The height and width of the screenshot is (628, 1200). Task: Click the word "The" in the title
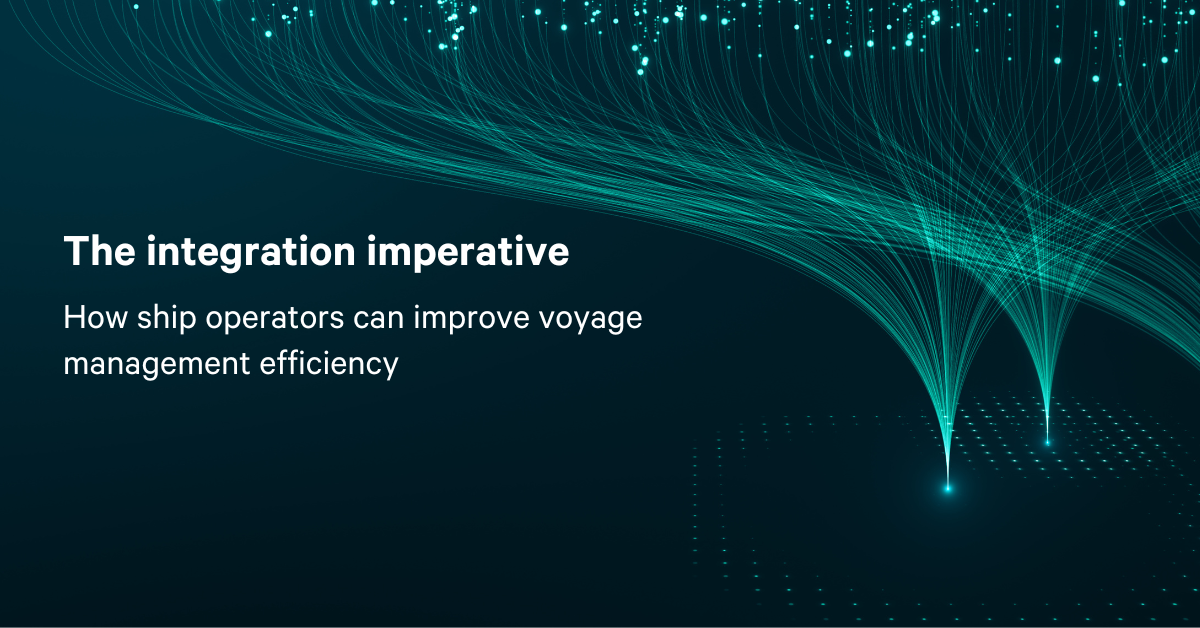pyautogui.click(x=100, y=250)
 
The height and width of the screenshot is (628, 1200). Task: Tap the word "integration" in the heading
pyautogui.click(x=251, y=253)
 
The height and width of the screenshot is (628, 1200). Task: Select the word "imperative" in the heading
pyautogui.click(x=468, y=253)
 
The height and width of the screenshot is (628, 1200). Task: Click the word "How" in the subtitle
pyautogui.click(x=95, y=317)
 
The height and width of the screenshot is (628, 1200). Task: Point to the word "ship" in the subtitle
pyautogui.click(x=167, y=319)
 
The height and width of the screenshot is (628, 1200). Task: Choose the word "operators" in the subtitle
pyautogui.click(x=275, y=320)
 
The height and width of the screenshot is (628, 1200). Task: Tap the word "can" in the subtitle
pyautogui.click(x=378, y=320)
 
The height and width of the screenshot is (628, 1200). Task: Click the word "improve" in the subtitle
pyautogui.click(x=471, y=319)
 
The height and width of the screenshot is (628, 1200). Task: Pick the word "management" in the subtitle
pyautogui.click(x=156, y=366)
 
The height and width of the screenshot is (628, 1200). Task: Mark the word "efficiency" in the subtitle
pyautogui.click(x=329, y=365)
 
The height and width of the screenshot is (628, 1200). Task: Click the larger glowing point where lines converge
pyautogui.click(x=947, y=488)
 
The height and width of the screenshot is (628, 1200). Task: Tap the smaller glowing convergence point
pyautogui.click(x=1047, y=443)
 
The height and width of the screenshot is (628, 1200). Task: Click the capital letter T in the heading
pyautogui.click(x=76, y=250)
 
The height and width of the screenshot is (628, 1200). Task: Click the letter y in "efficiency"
pyautogui.click(x=389, y=369)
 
